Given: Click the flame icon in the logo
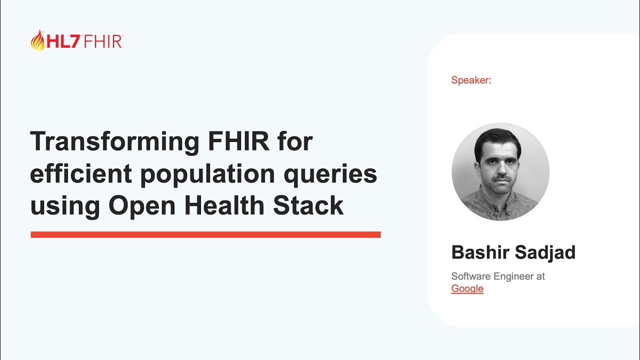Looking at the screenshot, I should tap(38, 40).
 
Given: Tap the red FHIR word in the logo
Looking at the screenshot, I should tap(103, 41).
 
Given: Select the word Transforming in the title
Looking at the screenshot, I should tap(113, 141).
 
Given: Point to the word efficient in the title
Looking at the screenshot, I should tap(81, 173).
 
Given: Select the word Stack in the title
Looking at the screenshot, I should tap(308, 205).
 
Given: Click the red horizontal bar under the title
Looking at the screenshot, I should tap(205, 234).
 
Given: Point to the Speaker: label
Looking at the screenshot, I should tap(471, 80).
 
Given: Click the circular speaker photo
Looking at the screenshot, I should tap(500, 171).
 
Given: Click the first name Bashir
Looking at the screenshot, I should tap(480, 252).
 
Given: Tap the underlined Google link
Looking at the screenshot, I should tap(467, 288).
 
